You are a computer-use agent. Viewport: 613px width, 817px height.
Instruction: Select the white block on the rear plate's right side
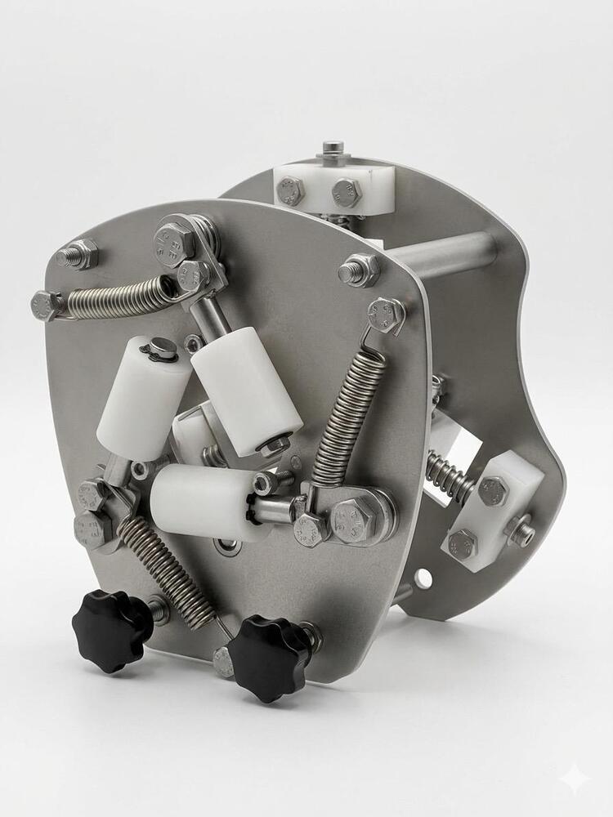coord(487,511)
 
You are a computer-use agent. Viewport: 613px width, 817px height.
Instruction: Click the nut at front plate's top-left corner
coord(78,255)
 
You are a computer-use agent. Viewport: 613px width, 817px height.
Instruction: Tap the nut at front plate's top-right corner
coord(360,269)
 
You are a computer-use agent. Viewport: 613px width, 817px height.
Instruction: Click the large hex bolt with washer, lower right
coord(355,518)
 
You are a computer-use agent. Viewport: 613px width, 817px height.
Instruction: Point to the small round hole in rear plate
coord(423,578)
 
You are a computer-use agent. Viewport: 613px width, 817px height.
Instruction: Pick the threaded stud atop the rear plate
coord(331,150)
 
